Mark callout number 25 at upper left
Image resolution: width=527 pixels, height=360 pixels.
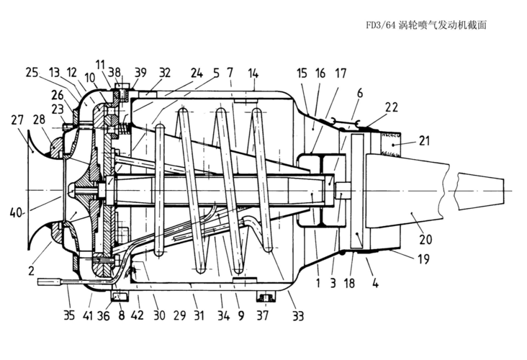[x=31, y=73]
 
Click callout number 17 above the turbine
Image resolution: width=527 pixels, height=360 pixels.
[x=340, y=73]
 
